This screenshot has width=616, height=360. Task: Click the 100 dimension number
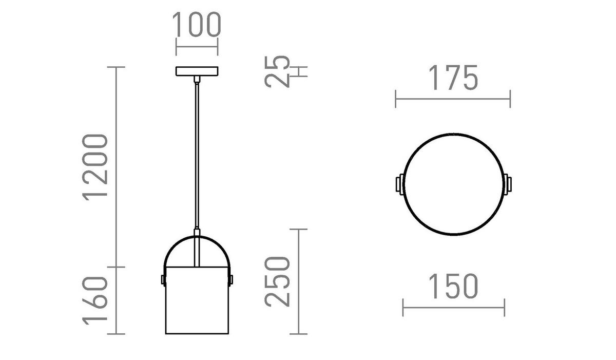pos(196,25)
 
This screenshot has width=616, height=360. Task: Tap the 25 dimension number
pos(278,71)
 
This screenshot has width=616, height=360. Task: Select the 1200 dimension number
pos(96,166)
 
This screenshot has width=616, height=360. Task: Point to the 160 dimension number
pos(96,300)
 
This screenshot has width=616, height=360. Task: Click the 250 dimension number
pos(278,281)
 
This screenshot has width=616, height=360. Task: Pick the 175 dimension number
pos(453,79)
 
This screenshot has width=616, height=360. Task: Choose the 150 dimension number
pos(453,287)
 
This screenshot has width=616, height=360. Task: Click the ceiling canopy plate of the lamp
pos(197,71)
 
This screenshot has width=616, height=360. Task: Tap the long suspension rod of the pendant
pos(197,154)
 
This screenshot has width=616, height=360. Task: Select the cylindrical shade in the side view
pos(197,300)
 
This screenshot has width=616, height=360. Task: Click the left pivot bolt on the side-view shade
pos(163,279)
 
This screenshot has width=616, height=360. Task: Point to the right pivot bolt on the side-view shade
pos(230,279)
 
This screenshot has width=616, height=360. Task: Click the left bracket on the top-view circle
pos(399,184)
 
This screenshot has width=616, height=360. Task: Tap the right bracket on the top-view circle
pos(508,184)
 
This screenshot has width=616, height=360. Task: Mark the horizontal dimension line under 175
pos(453,99)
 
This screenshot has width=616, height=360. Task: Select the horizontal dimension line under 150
pos(454,308)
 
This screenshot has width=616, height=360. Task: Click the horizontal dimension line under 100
pos(197,47)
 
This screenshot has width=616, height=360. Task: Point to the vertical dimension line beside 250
pos(299,281)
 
